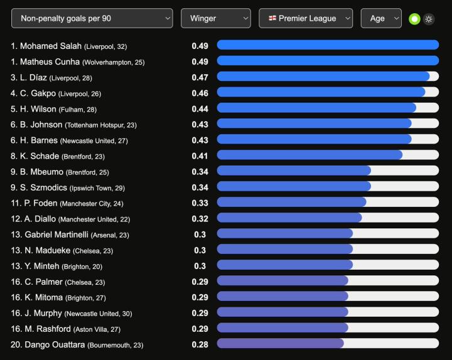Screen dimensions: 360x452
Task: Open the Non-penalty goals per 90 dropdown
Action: (92, 18)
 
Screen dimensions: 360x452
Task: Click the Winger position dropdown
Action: (216, 18)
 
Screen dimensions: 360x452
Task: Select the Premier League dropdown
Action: (306, 18)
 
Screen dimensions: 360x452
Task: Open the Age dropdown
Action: (380, 18)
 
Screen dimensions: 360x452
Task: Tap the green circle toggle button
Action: (414, 19)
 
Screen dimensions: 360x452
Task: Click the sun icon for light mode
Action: (429, 19)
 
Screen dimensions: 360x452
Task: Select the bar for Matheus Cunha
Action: (327, 61)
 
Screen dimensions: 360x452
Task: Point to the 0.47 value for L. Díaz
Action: (200, 77)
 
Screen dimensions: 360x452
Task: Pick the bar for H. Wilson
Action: (327, 109)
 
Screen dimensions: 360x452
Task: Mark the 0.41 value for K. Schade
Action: (200, 156)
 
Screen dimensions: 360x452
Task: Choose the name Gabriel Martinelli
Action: (56, 235)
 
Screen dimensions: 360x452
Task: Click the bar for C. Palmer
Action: (327, 281)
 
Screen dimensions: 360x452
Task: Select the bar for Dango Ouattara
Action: (327, 344)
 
